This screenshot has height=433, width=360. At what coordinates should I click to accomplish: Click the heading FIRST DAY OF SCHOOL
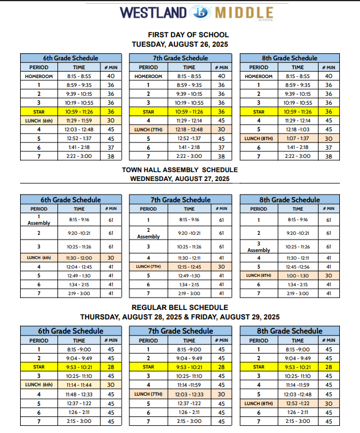[x=180, y=35]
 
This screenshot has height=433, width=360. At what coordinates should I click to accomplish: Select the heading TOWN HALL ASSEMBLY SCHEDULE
[x=180, y=170]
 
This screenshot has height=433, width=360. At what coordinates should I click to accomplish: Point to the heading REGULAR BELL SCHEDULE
[x=180, y=307]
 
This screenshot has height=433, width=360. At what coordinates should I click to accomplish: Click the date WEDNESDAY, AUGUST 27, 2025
[x=180, y=179]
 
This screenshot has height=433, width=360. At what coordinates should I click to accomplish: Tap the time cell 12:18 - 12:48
[x=189, y=129]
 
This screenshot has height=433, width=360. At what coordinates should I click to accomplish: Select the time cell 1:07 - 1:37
[x=299, y=138]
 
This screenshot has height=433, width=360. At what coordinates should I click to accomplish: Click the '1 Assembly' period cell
[x=39, y=219]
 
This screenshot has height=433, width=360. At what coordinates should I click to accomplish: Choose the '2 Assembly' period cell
[x=149, y=233]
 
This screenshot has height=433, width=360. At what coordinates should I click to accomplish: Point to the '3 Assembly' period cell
[x=258, y=247]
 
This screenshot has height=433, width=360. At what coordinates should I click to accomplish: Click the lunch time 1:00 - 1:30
[x=299, y=275]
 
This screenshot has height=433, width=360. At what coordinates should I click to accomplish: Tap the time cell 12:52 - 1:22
[x=299, y=403]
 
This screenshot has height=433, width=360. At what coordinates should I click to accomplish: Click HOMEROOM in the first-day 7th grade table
[x=149, y=76]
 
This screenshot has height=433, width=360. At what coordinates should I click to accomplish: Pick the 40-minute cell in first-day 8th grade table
[x=329, y=76]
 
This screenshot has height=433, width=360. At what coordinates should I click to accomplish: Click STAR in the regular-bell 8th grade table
[x=258, y=367]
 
